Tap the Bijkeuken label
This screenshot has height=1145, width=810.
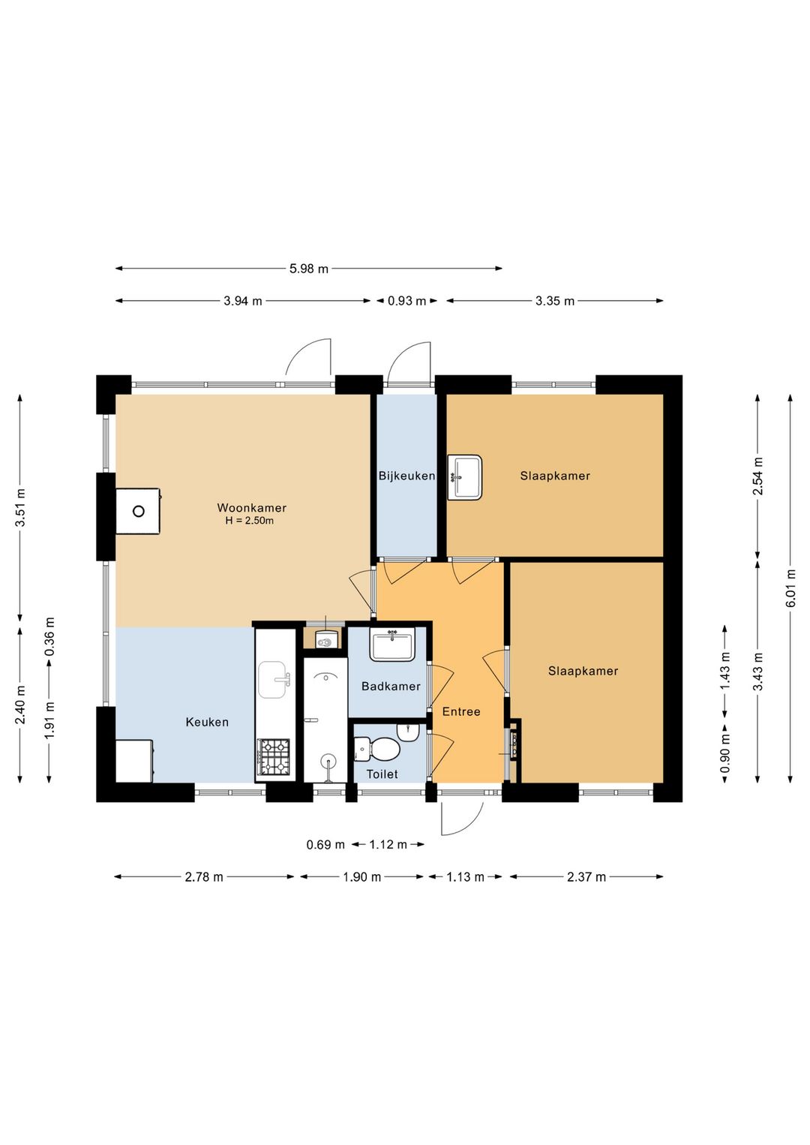point(406,476)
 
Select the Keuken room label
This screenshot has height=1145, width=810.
point(207,722)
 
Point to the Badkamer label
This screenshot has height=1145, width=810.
point(391,686)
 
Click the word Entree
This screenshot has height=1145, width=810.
point(461,711)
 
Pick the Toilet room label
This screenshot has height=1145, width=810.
point(382,774)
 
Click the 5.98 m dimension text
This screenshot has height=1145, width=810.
point(309,269)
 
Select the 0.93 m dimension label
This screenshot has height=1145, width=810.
point(406,301)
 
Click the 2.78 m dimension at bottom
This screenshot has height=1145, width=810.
point(204,877)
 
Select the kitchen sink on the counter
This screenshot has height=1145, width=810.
point(274,680)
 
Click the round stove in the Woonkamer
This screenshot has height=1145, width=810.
point(139,511)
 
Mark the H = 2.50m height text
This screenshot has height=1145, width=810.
point(250,521)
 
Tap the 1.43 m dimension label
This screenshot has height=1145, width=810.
point(724,670)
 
